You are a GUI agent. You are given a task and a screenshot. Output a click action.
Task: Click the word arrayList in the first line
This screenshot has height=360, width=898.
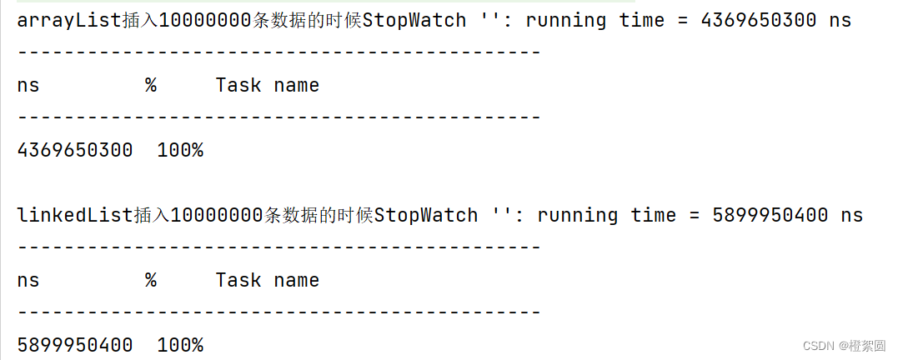[68, 20]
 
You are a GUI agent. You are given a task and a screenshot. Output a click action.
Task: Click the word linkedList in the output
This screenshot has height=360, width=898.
[74, 215]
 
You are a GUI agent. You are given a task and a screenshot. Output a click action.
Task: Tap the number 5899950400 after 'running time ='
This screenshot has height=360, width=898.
[770, 215]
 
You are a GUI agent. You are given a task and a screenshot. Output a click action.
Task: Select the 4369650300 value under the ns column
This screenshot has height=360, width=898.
[74, 150]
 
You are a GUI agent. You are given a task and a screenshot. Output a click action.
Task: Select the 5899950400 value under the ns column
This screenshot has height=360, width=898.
[74, 345]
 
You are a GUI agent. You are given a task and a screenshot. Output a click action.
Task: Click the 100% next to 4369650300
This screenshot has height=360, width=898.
[180, 150]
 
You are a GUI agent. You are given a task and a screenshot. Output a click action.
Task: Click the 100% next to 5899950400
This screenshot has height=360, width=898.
[180, 345]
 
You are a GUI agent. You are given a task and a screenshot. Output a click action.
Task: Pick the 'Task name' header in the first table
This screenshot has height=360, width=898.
[267, 85]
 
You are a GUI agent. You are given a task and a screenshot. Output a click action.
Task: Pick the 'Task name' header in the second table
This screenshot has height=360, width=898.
[267, 280]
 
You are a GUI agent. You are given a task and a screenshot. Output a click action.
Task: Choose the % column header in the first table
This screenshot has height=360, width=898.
[150, 85]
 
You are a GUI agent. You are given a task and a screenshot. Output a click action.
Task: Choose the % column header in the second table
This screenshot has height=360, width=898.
[150, 280]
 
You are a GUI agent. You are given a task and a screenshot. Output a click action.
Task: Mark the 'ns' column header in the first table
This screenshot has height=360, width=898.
[28, 85]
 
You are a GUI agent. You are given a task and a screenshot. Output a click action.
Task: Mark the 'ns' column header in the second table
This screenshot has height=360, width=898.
[28, 280]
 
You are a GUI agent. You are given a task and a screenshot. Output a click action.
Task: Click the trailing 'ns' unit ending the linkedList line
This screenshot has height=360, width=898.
[851, 215]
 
